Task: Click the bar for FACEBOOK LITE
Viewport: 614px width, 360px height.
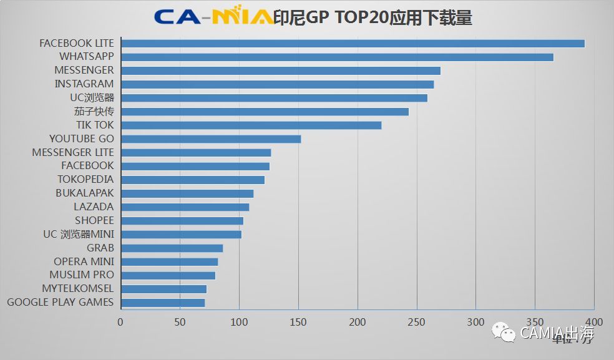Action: click(x=353, y=44)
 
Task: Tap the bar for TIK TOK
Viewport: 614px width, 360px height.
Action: click(x=251, y=125)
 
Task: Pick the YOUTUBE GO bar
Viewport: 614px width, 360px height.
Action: click(x=211, y=139)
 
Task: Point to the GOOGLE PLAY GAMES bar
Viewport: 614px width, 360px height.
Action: click(x=163, y=303)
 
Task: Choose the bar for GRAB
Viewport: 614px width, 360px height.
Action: click(x=172, y=248)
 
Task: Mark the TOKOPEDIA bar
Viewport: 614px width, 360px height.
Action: click(x=192, y=180)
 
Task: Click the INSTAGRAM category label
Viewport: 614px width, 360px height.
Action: click(x=84, y=84)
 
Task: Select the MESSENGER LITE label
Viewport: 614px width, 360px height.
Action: click(x=73, y=152)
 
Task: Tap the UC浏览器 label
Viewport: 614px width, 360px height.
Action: click(x=92, y=97)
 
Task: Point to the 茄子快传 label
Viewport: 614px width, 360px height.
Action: click(x=94, y=111)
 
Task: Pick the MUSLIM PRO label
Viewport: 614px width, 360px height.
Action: click(x=82, y=275)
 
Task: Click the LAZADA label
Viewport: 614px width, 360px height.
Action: click(x=94, y=207)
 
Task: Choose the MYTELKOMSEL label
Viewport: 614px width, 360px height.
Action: click(x=78, y=288)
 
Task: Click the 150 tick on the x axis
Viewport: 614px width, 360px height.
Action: click(x=298, y=322)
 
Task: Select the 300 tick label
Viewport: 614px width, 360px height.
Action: click(x=475, y=322)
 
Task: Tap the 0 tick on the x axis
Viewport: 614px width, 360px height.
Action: click(x=120, y=322)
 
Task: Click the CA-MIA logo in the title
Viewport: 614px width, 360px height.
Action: click(x=212, y=17)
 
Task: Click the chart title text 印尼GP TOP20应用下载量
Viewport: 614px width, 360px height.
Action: click(x=373, y=17)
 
